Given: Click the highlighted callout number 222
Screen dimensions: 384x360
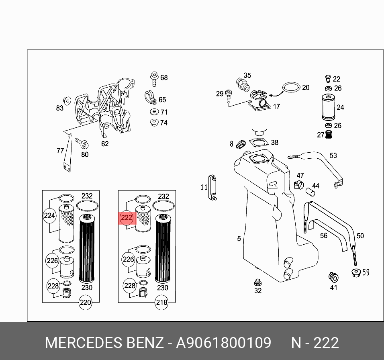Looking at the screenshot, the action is point(127,218).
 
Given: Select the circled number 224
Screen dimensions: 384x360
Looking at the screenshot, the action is point(49,215).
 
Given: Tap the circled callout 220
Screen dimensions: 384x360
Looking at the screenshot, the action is point(86,303).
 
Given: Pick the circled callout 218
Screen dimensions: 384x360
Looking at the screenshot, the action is point(161,303).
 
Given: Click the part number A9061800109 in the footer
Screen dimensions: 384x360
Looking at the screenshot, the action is point(224,342).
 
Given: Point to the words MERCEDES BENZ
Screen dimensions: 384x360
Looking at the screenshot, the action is point(104,342).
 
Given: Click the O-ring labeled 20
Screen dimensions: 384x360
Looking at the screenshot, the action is point(291,87).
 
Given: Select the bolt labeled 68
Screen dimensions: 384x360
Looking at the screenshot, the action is point(154,79).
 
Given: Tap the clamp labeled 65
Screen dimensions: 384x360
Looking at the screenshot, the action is point(150,98).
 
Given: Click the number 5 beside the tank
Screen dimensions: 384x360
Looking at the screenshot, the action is point(239,239).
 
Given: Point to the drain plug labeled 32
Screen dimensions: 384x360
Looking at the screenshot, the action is point(257,282).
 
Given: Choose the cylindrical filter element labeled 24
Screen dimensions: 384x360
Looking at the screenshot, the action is point(329,107).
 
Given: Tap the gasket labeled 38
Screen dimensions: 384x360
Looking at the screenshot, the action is point(258,143).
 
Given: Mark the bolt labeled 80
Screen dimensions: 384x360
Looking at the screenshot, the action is point(82,143).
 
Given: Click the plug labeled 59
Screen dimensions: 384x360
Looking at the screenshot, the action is point(356,273).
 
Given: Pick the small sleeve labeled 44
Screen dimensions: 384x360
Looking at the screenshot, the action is point(310,192).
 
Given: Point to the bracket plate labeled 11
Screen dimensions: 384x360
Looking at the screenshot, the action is point(212,188).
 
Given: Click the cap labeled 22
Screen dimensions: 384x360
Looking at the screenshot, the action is point(328,79).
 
